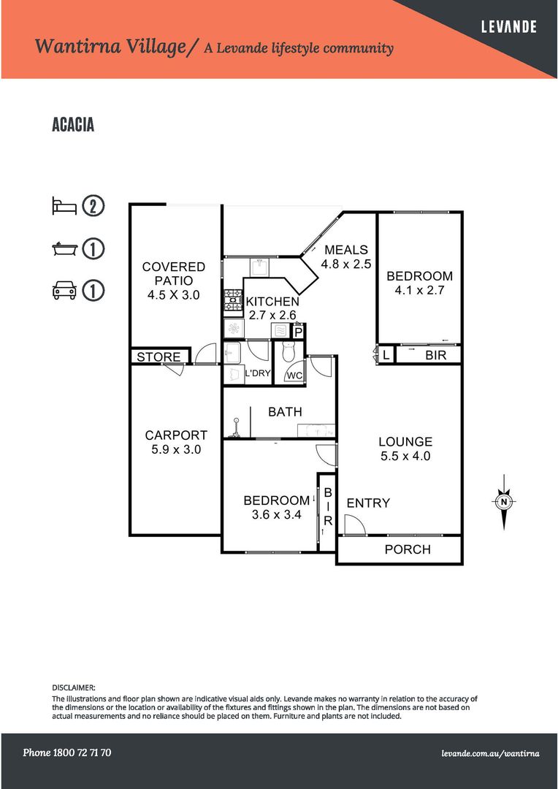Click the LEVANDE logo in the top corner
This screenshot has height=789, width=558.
[508, 27]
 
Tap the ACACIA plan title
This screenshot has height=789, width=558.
[73, 125]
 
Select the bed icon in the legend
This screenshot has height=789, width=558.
[64, 206]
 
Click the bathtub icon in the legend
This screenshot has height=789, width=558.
[64, 249]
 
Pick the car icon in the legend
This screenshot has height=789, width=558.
[64, 291]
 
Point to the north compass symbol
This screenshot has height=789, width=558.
[503, 501]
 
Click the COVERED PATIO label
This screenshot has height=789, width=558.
[174, 274]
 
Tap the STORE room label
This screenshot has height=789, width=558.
[158, 357]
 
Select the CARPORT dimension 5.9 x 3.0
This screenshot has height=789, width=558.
[175, 450]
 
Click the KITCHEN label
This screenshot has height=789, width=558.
[272, 302]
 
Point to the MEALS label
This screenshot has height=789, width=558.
[346, 250]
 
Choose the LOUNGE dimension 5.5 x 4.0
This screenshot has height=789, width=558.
[405, 457]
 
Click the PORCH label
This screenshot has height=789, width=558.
[408, 549]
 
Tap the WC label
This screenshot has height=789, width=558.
[294, 376]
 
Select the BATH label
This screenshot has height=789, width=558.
[285, 412]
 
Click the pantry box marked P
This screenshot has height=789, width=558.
[298, 332]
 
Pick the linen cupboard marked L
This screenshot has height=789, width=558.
[386, 355]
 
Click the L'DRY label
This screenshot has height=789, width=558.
[257, 373]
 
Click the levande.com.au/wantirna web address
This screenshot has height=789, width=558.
[490, 753]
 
